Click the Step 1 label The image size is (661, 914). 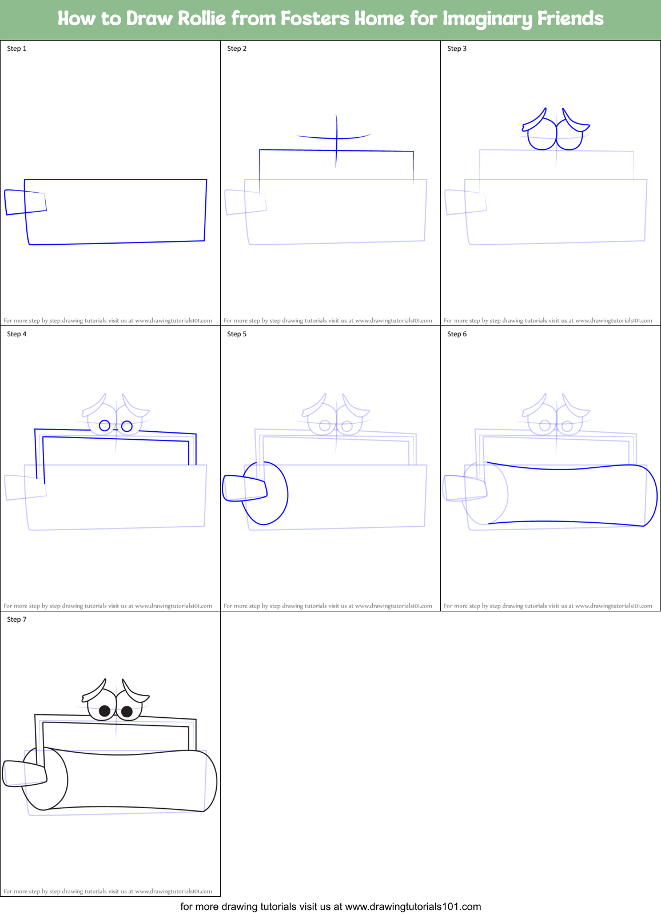tap(17, 49)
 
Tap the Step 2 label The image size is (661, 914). tap(237, 49)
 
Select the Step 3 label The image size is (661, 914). tap(457, 49)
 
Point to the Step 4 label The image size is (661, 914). tap(17, 334)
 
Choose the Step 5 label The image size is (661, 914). tap(237, 334)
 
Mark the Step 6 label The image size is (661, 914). tap(457, 334)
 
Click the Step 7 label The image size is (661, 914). tap(17, 619)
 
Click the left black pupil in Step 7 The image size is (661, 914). tap(105, 711)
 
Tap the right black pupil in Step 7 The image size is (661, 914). tap(127, 712)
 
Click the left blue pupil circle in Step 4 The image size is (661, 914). tap(105, 426)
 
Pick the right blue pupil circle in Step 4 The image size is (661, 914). tap(127, 426)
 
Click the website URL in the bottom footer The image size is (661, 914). tap(413, 907)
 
